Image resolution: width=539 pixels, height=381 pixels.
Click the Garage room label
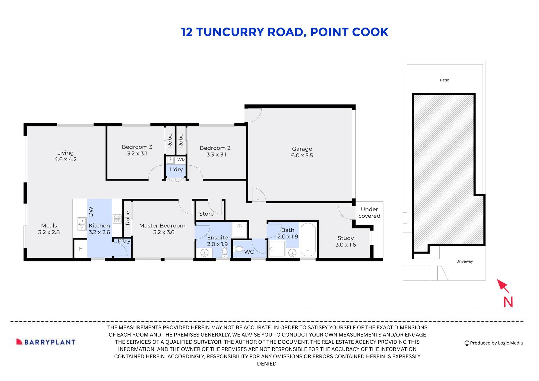tap(302, 149)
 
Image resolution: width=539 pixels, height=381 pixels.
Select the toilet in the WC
tap(239, 249)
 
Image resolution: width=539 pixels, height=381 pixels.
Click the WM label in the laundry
tap(181, 160)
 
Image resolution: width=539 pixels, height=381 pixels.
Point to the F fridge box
tap(81, 248)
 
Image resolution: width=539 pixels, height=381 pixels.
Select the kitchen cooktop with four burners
tap(117, 219)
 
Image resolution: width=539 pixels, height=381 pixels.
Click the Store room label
tap(206, 214)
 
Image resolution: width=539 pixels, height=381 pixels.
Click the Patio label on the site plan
tap(444, 80)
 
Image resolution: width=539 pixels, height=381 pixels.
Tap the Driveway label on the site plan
tap(464, 261)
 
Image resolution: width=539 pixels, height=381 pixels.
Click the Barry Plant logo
tap(46, 342)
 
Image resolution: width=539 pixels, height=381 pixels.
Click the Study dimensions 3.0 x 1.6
tap(346, 245)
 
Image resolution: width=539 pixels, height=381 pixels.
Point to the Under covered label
tap(369, 213)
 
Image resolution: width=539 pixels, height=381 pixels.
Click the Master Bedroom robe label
tap(127, 218)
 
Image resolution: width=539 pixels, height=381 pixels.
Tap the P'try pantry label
tap(124, 241)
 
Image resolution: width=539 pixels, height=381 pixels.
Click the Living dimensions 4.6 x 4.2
tap(65, 159)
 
